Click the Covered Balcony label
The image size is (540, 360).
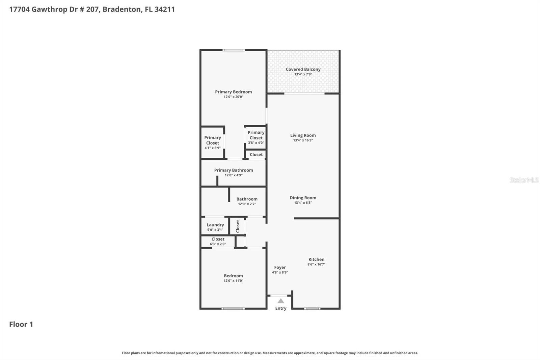(303, 69)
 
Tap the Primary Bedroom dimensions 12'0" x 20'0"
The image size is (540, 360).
(233, 97)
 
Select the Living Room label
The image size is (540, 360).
(303, 135)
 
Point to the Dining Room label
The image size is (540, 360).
(303, 198)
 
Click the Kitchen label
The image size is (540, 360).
(316, 259)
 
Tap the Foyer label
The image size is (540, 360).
(280, 267)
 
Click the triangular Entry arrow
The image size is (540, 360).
(280, 301)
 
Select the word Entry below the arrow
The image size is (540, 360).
(280, 308)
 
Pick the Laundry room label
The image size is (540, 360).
(215, 225)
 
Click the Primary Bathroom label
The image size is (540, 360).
(233, 170)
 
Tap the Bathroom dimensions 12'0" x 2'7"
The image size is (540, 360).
(247, 204)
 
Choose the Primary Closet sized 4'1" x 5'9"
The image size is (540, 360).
(213, 142)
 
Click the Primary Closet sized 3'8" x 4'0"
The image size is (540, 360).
(256, 137)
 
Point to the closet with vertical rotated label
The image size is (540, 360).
(238, 226)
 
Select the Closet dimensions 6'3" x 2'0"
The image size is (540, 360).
(218, 244)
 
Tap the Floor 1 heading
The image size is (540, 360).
(21, 324)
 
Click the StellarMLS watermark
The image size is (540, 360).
(524, 180)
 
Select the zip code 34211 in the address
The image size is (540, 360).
(164, 9)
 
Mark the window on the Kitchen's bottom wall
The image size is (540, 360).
(312, 308)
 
